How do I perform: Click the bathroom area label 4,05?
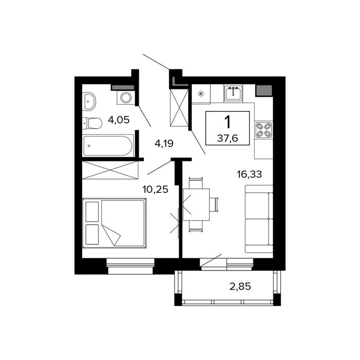[x=119, y=120]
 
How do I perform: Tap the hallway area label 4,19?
[x=164, y=143]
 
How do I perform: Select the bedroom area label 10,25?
[x=155, y=190]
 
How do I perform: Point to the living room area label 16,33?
[x=249, y=174]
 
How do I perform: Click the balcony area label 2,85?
[x=240, y=286]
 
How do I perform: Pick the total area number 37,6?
[x=227, y=138]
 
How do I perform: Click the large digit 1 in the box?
[x=227, y=122]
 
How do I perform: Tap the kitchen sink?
[x=233, y=93]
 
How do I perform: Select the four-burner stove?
[x=263, y=130]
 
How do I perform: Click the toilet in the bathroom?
[x=92, y=123]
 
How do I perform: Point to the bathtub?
[x=108, y=146]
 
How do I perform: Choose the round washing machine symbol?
[x=125, y=98]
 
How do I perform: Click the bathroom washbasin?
[x=88, y=101]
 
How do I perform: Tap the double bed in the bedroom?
[x=114, y=223]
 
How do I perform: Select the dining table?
[x=196, y=205]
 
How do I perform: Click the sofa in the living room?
[x=259, y=219]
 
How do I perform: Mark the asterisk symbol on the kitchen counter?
[x=201, y=94]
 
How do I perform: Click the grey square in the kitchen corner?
[x=264, y=91]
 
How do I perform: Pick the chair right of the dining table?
[x=214, y=205]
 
